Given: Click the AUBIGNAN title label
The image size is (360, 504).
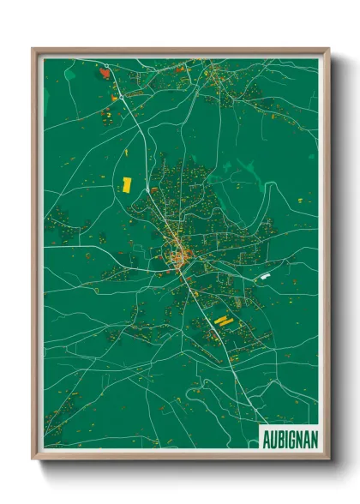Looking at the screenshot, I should [289, 439].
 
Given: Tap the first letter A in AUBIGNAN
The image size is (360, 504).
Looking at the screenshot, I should [265, 439].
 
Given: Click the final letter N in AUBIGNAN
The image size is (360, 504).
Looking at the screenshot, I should [314, 439].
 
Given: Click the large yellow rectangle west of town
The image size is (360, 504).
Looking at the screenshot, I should [127, 183].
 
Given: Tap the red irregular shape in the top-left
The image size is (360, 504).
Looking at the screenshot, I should [105, 74].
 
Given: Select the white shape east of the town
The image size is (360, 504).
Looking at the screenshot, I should [265, 276].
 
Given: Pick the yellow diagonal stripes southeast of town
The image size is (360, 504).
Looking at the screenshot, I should [221, 321].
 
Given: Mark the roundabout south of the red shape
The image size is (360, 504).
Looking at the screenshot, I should [117, 95].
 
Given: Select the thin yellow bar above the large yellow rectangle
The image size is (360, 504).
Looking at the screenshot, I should [126, 153].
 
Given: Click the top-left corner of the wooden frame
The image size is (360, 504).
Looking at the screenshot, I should [33, 49].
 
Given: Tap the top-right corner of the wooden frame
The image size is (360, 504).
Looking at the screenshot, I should [328, 49].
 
